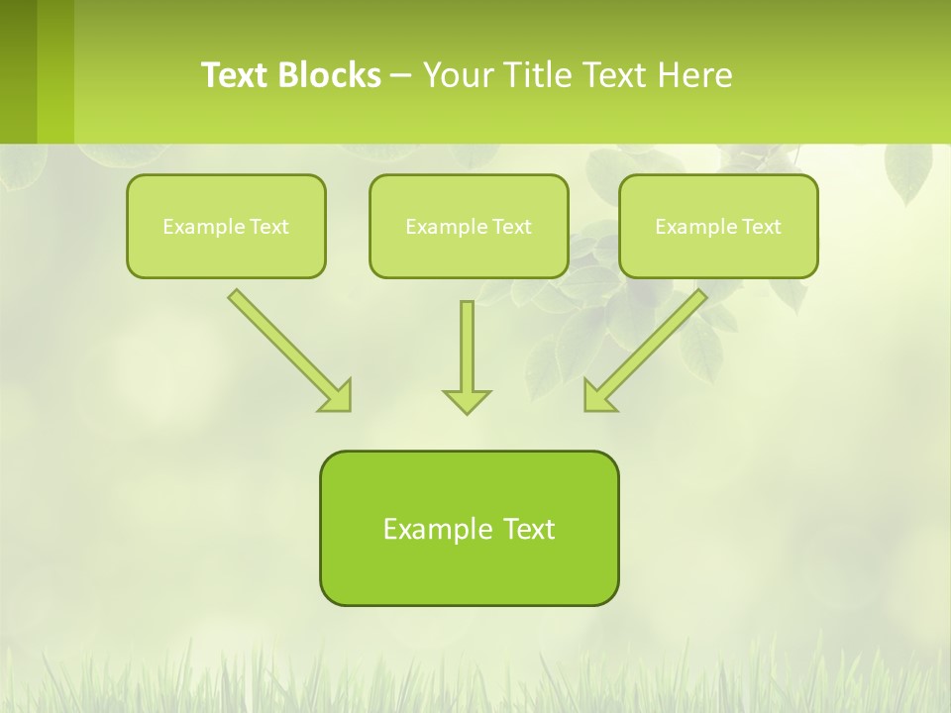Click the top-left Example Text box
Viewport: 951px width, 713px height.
(226, 226)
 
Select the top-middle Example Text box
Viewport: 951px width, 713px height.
(469, 226)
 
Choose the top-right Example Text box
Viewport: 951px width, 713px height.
(718, 226)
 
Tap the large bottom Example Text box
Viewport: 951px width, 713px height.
(469, 528)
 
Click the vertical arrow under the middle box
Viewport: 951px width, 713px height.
(467, 347)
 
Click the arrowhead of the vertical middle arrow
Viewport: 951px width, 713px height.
(467, 401)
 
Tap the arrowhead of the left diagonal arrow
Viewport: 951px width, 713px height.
(337, 396)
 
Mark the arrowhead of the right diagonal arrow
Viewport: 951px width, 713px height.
(598, 396)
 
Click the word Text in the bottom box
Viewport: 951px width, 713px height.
(531, 528)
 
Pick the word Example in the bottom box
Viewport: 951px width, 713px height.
(438, 529)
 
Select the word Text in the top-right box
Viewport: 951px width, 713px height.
(762, 226)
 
